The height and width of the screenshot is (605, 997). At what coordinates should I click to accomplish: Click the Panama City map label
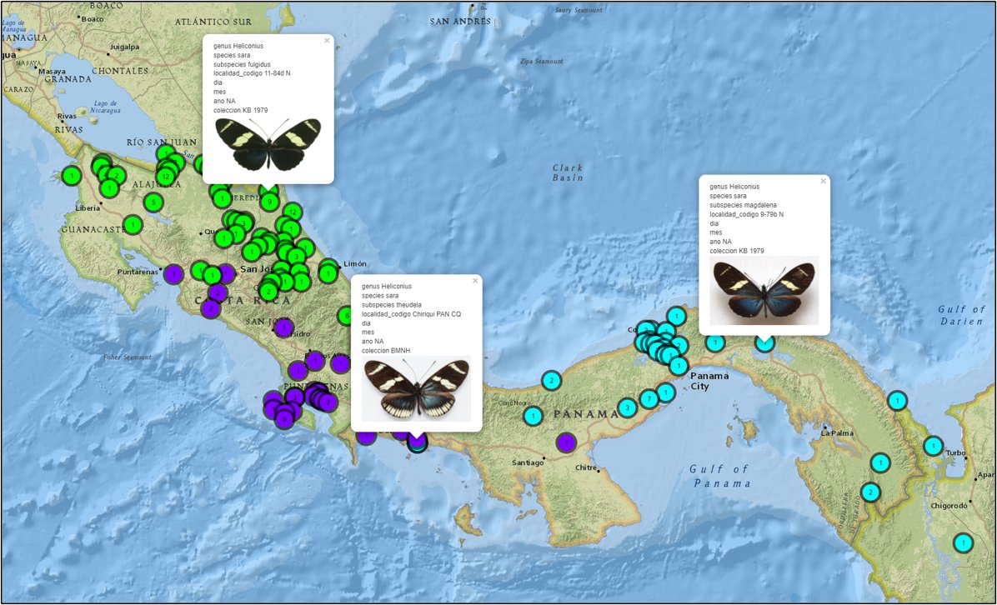click(709, 381)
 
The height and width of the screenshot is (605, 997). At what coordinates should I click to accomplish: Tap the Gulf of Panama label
click(719, 476)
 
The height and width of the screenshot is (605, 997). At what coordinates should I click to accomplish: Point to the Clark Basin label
click(568, 172)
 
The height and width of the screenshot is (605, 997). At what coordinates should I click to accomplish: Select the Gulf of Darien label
click(962, 315)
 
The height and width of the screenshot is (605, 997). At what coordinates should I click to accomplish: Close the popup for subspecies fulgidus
click(327, 40)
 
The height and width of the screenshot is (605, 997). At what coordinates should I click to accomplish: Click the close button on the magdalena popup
click(823, 181)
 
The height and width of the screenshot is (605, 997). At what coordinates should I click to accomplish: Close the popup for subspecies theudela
click(475, 281)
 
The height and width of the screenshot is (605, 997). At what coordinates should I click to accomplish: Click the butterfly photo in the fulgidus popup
click(268, 143)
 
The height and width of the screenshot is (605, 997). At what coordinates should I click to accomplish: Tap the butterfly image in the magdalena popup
click(764, 290)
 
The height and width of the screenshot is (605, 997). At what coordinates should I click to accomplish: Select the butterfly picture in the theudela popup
click(416, 388)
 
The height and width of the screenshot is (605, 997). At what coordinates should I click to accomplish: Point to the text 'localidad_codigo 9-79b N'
click(746, 214)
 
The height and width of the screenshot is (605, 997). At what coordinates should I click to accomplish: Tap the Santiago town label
click(528, 462)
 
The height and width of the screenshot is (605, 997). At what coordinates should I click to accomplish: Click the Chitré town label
click(587, 467)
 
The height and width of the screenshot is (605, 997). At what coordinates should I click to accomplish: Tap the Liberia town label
click(87, 207)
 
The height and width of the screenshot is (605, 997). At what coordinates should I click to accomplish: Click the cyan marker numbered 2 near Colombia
click(870, 492)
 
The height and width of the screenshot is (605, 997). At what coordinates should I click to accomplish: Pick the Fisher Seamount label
click(128, 357)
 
